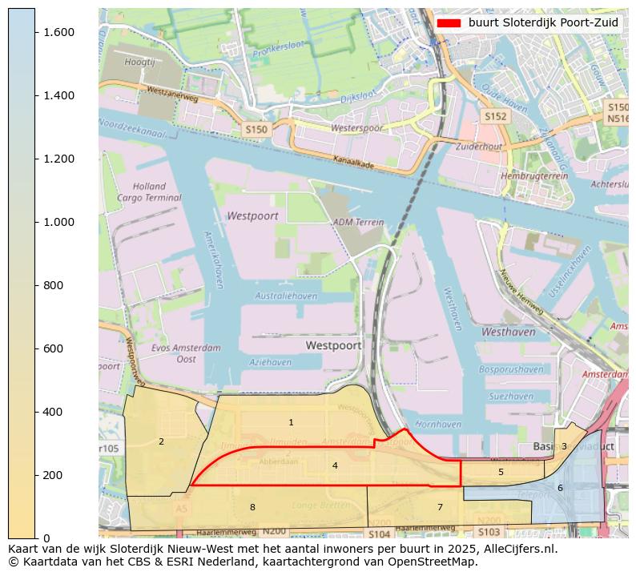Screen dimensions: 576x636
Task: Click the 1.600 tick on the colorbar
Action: (35, 32)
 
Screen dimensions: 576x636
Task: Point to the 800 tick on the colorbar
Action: (35, 285)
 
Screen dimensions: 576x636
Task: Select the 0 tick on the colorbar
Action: (35, 538)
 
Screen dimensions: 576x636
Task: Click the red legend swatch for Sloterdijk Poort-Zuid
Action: (449, 23)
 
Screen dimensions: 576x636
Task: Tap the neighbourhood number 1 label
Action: (291, 422)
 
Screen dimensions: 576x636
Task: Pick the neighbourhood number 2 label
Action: (161, 441)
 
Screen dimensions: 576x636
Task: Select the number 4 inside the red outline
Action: (335, 465)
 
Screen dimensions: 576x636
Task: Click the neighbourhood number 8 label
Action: (252, 507)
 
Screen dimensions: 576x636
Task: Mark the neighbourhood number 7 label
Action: (440, 507)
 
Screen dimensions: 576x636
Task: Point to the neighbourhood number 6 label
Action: (560, 488)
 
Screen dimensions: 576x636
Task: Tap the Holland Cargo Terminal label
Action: (149, 192)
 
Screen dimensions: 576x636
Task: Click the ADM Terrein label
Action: (353, 222)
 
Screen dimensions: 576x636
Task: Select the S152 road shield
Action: (495, 117)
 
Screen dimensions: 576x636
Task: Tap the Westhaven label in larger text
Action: (509, 331)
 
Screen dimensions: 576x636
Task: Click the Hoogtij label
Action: (139, 62)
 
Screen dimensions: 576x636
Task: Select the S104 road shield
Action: (379, 534)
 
